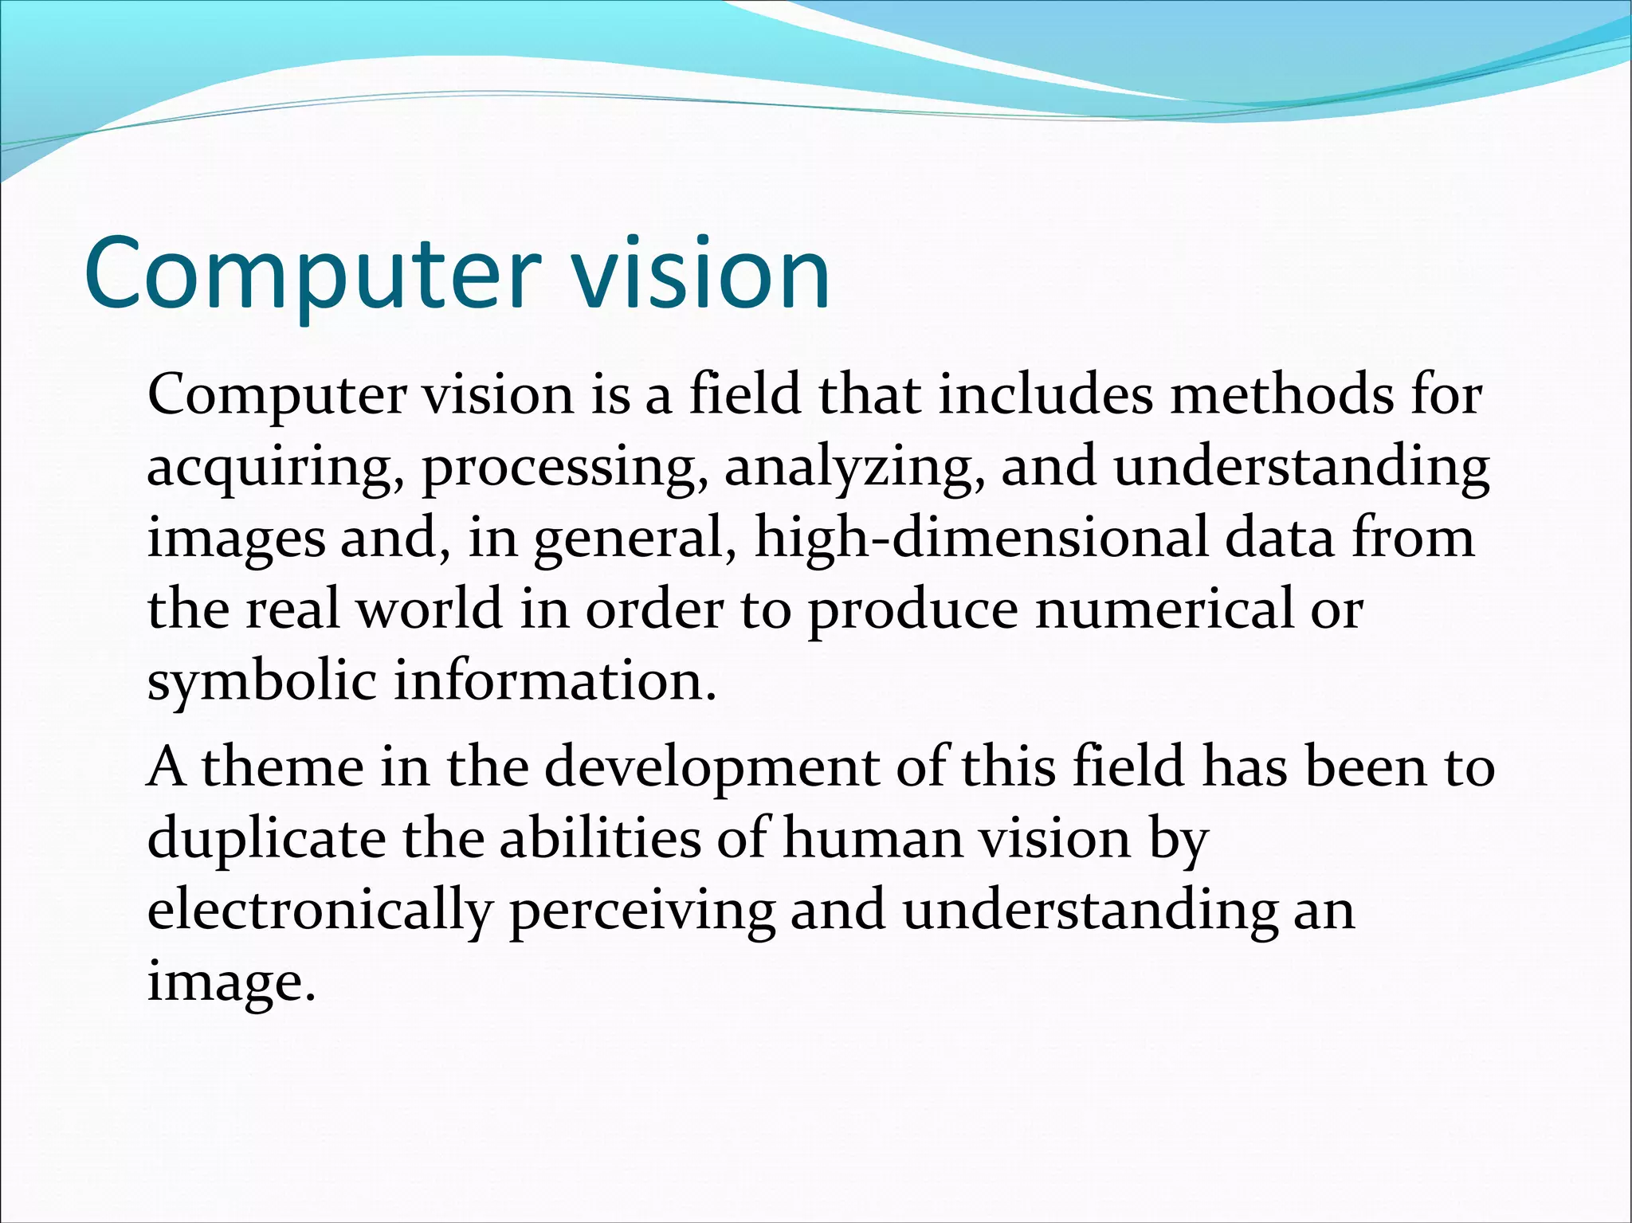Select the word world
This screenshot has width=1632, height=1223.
429,610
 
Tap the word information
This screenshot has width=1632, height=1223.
555,681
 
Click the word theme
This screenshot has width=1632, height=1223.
282,767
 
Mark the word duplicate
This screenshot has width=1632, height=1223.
266,839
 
